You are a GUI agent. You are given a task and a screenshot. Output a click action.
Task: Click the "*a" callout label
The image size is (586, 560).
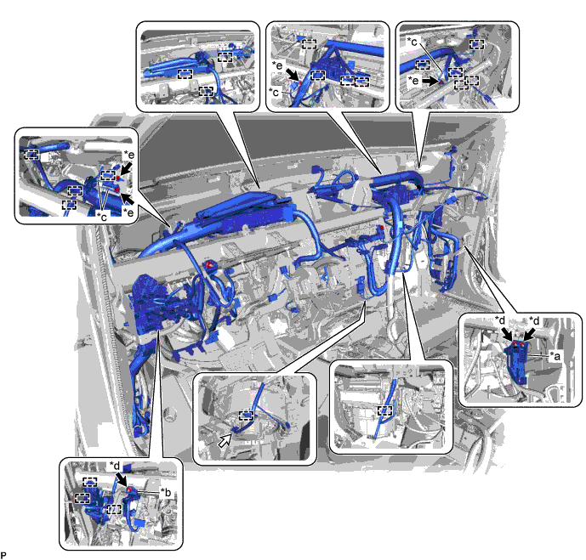pyautogui.click(x=555, y=356)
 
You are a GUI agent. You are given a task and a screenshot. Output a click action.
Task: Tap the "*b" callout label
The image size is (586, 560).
pyautogui.click(x=166, y=492)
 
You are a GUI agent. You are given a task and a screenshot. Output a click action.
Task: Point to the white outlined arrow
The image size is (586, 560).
pyautogui.click(x=225, y=440)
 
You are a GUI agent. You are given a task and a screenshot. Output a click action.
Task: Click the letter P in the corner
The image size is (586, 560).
pyautogui.click(x=3, y=556)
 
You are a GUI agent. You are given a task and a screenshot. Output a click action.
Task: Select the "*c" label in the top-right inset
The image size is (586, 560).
pyautogui.click(x=412, y=42)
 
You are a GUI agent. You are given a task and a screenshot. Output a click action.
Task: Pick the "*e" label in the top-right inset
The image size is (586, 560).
pyautogui.click(x=413, y=80)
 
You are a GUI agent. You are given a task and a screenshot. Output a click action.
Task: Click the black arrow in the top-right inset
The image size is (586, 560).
pyautogui.click(x=431, y=81)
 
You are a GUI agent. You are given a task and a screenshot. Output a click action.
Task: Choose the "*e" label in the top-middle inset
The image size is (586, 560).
pyautogui.click(x=277, y=65)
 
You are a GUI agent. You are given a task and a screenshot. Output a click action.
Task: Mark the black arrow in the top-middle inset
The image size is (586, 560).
pyautogui.click(x=293, y=74)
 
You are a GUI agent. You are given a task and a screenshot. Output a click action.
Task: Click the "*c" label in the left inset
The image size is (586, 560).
pyautogui.click(x=102, y=216)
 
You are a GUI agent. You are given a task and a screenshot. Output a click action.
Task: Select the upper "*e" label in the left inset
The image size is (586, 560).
pyautogui.click(x=129, y=154)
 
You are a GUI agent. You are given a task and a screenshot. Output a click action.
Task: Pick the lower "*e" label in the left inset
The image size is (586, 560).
pyautogui.click(x=129, y=212)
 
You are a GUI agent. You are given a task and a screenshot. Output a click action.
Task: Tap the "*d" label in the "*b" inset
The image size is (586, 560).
pyautogui.click(x=114, y=465)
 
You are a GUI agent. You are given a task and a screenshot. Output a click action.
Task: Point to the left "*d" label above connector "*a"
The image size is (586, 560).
pyautogui.click(x=499, y=320)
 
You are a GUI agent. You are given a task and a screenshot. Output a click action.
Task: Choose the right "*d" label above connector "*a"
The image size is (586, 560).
pyautogui.click(x=534, y=320)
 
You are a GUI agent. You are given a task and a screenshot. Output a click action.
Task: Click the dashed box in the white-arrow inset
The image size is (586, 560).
pyautogui.click(x=246, y=416)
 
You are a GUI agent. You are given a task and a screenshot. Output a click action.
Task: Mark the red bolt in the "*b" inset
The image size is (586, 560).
pyautogui.click(x=129, y=489)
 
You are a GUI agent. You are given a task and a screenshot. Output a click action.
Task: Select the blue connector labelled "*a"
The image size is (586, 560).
pyautogui.click(x=517, y=361)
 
